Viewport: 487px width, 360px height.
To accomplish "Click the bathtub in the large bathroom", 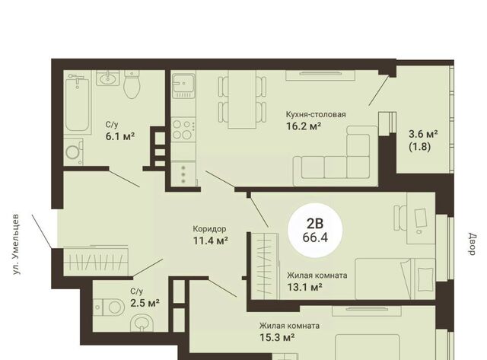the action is coord(78,104).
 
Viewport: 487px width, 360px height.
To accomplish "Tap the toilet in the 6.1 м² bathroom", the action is coord(132,84).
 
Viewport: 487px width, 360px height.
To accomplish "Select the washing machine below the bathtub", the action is coord(74,151).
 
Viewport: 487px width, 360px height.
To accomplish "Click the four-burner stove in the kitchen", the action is coord(183,129).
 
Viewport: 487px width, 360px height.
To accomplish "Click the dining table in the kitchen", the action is coord(242,99).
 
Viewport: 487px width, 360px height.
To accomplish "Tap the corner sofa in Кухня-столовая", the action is coord(336,156).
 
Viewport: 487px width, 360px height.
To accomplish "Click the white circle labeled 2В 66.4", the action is coord(315,231).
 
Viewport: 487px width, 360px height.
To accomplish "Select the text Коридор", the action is coord(210,229).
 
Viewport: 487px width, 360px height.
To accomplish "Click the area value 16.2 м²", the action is coord(303,126).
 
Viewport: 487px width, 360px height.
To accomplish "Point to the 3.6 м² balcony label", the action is coord(423,134).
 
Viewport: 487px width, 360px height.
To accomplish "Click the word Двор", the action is coord(472,244).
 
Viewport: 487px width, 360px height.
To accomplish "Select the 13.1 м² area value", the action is coord(304,287).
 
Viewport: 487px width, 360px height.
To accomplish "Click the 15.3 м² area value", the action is coord(277,337).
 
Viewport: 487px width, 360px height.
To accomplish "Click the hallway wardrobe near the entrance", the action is coord(96,261).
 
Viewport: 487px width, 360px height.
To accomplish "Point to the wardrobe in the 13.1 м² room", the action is coord(265,266).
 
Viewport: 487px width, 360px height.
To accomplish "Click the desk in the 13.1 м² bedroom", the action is coord(421,218).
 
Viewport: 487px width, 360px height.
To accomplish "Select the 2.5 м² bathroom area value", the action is coord(145,302).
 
